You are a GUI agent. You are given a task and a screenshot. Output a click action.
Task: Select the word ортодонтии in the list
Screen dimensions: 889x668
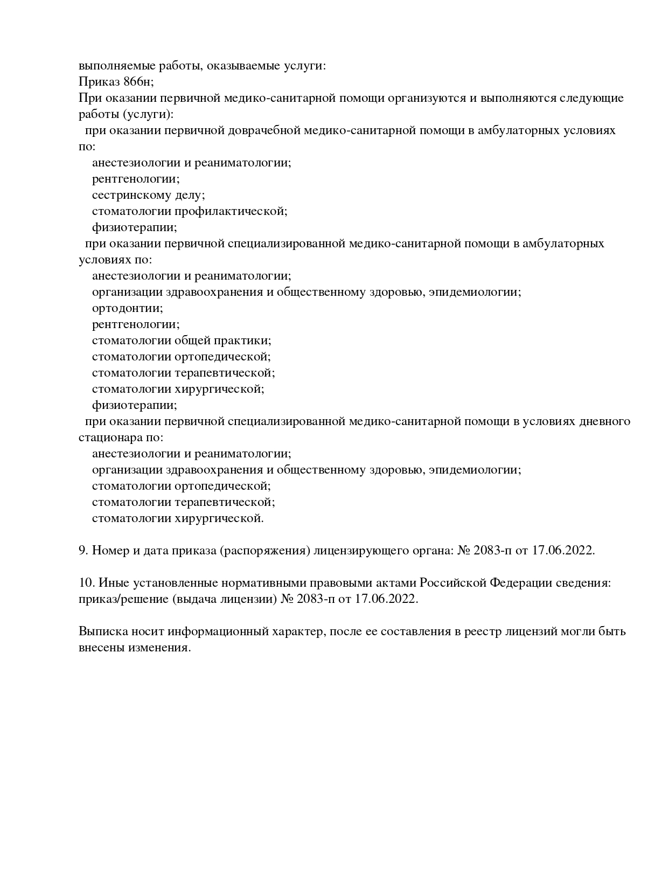click(x=127, y=308)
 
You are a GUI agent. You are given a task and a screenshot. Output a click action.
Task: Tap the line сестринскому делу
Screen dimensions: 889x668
click(x=148, y=195)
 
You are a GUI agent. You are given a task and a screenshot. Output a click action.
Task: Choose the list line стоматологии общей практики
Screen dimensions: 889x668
click(x=181, y=341)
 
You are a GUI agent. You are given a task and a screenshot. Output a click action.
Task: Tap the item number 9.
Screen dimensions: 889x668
click(x=83, y=551)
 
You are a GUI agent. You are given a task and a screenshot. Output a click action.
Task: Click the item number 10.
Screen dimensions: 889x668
click(x=86, y=583)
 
